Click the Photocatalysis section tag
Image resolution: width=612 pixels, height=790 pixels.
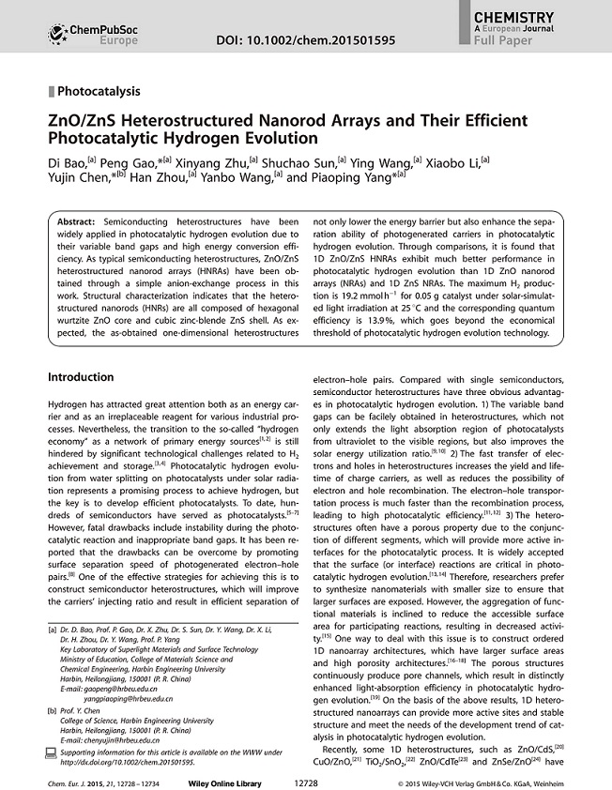pos(99,92)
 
